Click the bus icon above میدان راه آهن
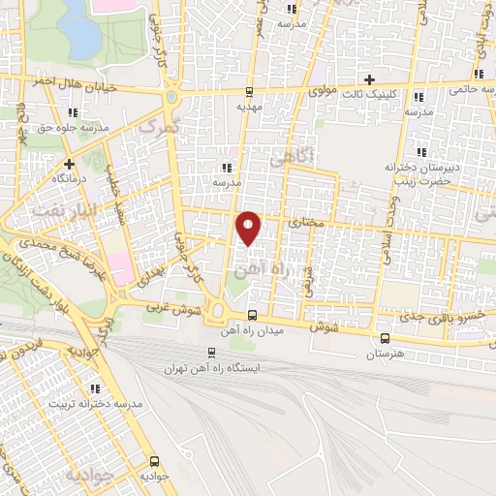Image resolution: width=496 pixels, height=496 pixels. (x=252, y=315)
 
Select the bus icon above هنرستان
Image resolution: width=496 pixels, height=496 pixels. (x=386, y=338)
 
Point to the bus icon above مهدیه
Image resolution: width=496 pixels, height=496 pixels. (x=250, y=93)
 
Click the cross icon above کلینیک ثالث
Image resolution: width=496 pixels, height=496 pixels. (x=367, y=78)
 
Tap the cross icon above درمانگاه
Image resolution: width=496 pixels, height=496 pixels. (x=69, y=164)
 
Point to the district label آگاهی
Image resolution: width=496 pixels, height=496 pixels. (x=291, y=154)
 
